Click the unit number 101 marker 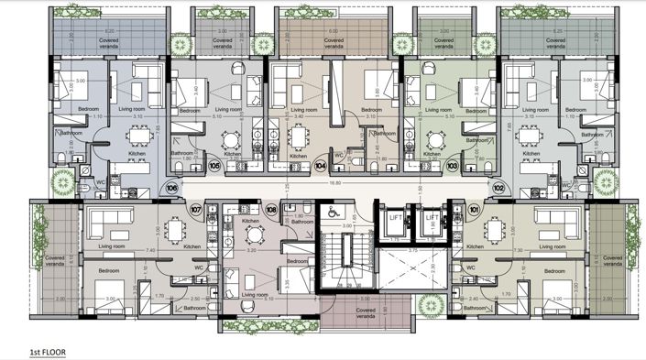(x=474, y=209)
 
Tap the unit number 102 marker (x=498, y=186)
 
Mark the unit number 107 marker (x=194, y=209)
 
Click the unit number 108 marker (x=270, y=209)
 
